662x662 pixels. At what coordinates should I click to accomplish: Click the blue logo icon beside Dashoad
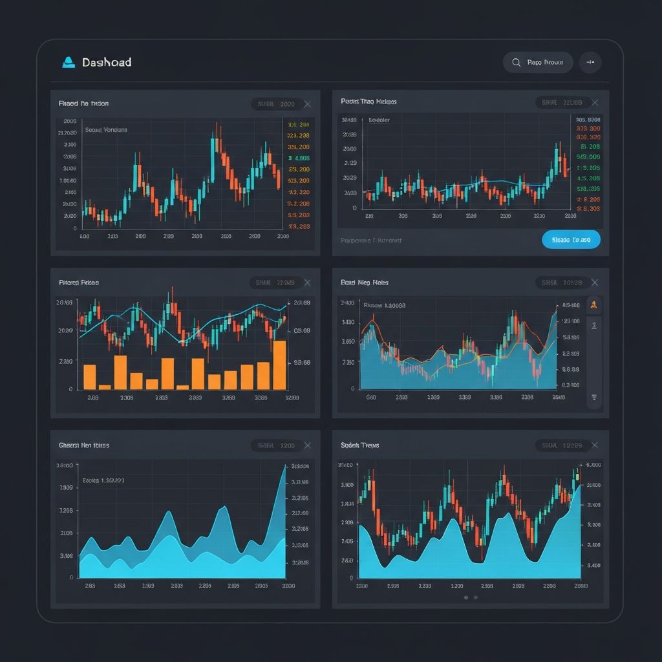pyautogui.click(x=69, y=62)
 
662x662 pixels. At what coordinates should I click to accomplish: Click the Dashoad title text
pyautogui.click(x=107, y=62)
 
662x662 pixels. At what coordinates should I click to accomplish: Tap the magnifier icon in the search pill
pyautogui.click(x=516, y=63)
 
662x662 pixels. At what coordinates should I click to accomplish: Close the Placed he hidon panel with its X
pyautogui.click(x=307, y=103)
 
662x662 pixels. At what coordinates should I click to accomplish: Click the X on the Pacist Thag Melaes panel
pyautogui.click(x=595, y=102)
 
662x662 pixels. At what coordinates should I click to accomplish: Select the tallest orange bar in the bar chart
pyautogui.click(x=279, y=365)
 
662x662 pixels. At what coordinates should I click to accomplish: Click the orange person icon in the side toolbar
pyautogui.click(x=593, y=304)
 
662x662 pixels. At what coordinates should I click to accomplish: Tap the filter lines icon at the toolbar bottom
pyautogui.click(x=593, y=397)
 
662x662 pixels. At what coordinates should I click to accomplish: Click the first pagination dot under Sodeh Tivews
pyautogui.click(x=465, y=597)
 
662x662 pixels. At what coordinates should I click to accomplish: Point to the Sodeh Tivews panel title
pyautogui.click(x=359, y=445)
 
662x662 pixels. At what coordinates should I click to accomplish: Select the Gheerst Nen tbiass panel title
pyautogui.click(x=84, y=445)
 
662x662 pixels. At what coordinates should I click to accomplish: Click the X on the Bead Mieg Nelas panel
pyautogui.click(x=595, y=283)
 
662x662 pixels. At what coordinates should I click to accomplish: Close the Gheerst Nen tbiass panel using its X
pyautogui.click(x=307, y=445)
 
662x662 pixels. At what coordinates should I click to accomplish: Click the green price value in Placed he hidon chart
pyautogui.click(x=298, y=158)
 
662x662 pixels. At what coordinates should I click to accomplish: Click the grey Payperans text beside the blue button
pyautogui.click(x=371, y=240)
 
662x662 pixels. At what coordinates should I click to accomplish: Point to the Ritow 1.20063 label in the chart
pyautogui.click(x=385, y=305)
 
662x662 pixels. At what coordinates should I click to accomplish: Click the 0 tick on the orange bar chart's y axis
pyautogui.click(x=71, y=389)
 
